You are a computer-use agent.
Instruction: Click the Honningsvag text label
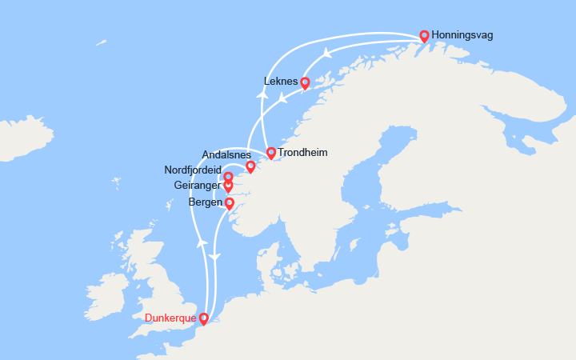point(462,35)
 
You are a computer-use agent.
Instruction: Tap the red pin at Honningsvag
point(425,35)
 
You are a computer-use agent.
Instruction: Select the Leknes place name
point(280,81)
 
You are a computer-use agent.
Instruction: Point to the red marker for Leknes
point(305,82)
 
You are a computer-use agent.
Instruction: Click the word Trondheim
point(302,152)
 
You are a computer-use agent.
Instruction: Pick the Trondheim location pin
point(271,152)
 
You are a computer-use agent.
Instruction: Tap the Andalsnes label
point(226,155)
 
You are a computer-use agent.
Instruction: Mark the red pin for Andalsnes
point(250,166)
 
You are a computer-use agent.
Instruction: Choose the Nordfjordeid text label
point(193,170)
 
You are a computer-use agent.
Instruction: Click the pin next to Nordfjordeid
point(228,177)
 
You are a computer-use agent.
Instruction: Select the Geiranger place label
point(198,186)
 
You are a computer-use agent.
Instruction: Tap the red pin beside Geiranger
point(228,186)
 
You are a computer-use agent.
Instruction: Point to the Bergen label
point(206,202)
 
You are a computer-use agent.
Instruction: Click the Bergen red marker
point(230,203)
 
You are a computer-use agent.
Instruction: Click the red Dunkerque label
point(171,318)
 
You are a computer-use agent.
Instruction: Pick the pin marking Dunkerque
point(203,318)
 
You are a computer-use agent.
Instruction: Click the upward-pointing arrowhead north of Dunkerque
point(202,242)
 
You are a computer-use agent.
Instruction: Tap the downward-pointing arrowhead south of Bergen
point(214,256)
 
